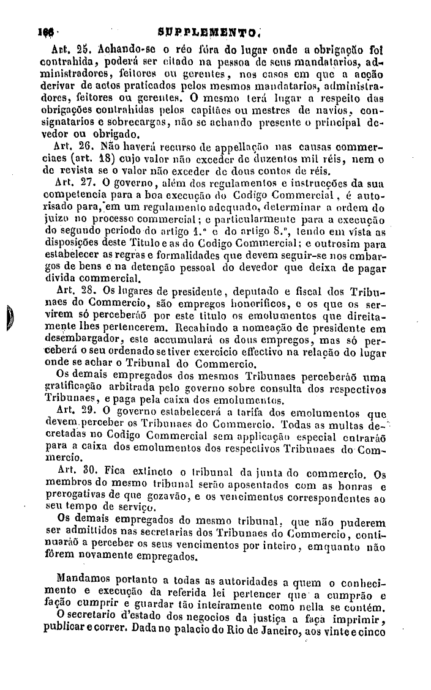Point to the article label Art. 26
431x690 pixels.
coord(69,147)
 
